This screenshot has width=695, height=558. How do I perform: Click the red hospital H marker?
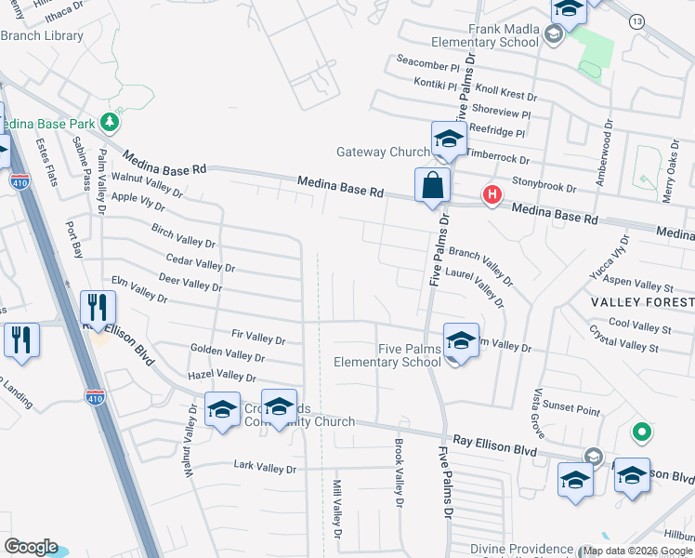[492, 194]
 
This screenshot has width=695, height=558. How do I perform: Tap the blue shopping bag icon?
[433, 184]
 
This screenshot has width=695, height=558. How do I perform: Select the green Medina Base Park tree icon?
[111, 122]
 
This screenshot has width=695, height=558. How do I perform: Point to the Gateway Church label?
[382, 152]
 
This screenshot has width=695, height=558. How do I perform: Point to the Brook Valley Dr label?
[400, 472]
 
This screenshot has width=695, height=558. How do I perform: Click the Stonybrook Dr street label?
[544, 186]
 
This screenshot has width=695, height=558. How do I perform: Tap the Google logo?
[31, 547]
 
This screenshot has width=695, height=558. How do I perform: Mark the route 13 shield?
[636, 20]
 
